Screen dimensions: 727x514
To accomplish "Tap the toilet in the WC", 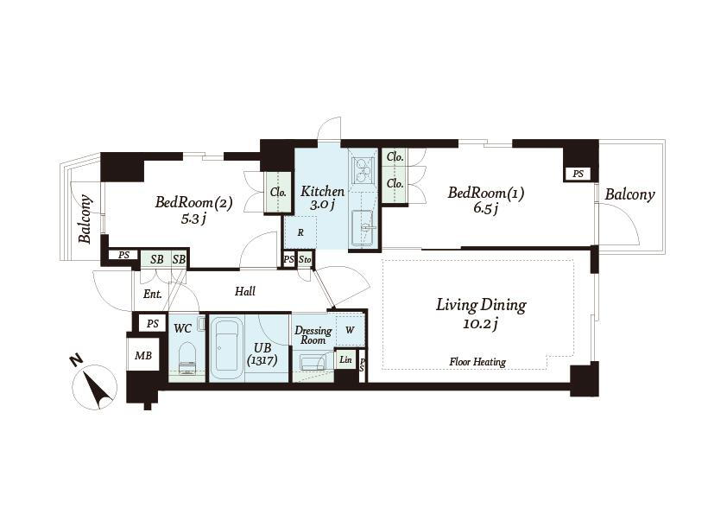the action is pos(187,358).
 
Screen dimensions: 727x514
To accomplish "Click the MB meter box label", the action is pos(142,355).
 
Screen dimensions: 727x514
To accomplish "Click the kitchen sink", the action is pos(364,228).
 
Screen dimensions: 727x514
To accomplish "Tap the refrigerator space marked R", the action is pos(300,232).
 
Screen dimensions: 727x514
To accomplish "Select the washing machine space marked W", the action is pos(350,330).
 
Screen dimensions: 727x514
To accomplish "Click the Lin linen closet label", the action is pos(345,360).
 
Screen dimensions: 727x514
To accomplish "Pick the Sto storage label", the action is pos(305,260).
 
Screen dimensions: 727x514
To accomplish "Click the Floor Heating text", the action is pos(477,362).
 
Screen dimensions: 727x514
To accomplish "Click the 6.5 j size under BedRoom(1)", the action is pos(485,208).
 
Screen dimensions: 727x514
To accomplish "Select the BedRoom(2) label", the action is pos(193,202).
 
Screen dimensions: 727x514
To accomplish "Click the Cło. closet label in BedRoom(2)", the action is pos(278,192).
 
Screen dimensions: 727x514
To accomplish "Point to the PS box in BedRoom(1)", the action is pos(578,174).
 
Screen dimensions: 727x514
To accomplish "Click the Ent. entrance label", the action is pos(153,294).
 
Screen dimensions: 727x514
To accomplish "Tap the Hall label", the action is pos(245,291).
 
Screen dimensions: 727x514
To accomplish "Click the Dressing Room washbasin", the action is pos(313,362).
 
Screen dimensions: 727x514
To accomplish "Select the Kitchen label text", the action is pos(322,191).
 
